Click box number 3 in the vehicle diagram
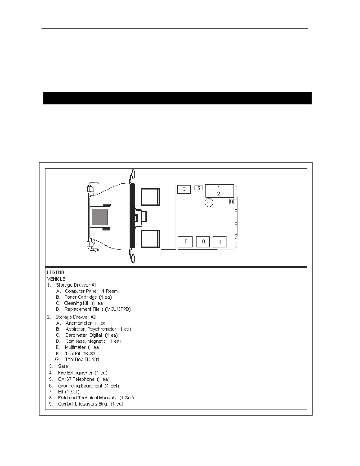coord(184,189)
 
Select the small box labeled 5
coord(198,188)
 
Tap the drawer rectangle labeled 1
coord(219,188)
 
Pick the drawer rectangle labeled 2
coord(219,194)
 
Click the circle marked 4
coord(209,202)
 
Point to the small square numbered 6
coord(231,202)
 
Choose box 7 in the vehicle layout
coord(185,242)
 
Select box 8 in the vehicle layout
coord(203,242)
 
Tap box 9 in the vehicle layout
coord(220,242)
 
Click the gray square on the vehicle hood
coord(99,217)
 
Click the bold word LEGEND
coord(56,273)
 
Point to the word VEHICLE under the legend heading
coord(56,279)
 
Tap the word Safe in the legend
coord(63,366)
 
